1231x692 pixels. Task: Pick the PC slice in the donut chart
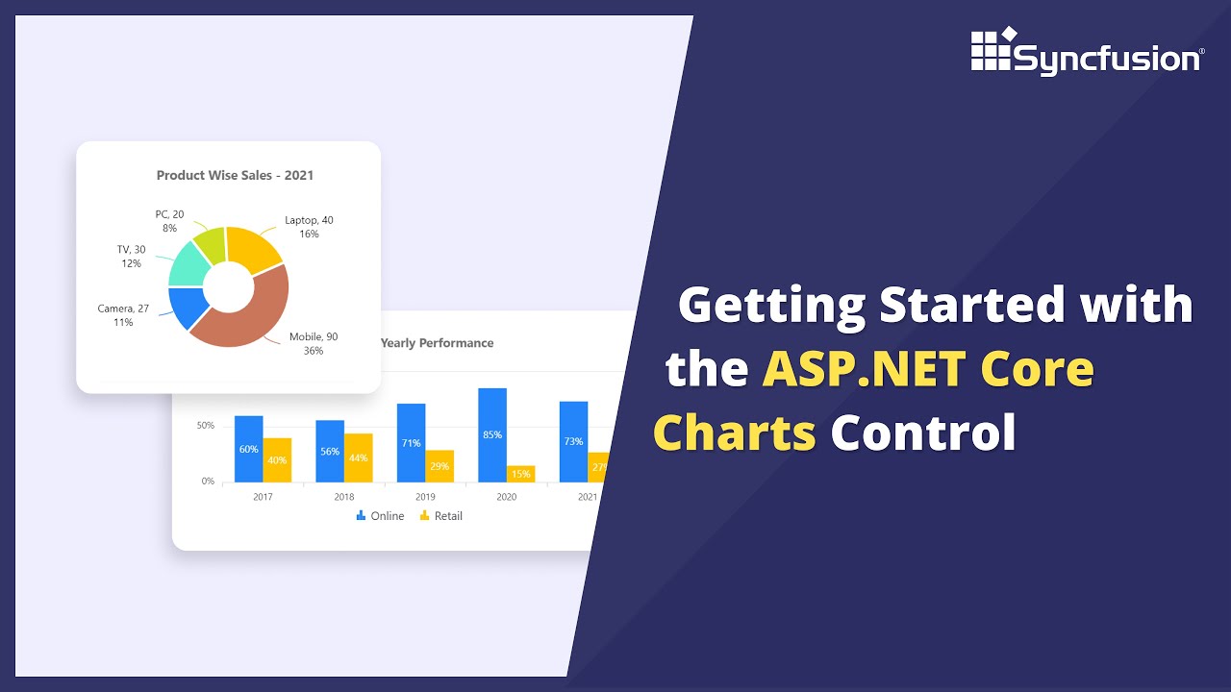pos(210,244)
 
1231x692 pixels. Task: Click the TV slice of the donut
pos(187,264)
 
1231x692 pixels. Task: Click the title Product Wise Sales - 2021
pos(235,175)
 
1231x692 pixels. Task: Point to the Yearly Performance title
pos(437,343)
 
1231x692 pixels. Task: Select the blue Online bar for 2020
pos(492,434)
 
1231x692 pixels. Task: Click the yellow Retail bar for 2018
pos(358,457)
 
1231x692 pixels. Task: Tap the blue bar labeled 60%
pos(248,449)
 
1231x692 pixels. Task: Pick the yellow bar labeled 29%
pos(440,466)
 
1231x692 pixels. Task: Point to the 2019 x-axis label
pos(425,497)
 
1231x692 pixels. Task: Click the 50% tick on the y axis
pos(206,425)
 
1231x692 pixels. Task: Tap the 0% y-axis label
pos(208,481)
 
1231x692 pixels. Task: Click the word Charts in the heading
pos(734,432)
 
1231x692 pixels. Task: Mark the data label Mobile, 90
pos(314,337)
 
